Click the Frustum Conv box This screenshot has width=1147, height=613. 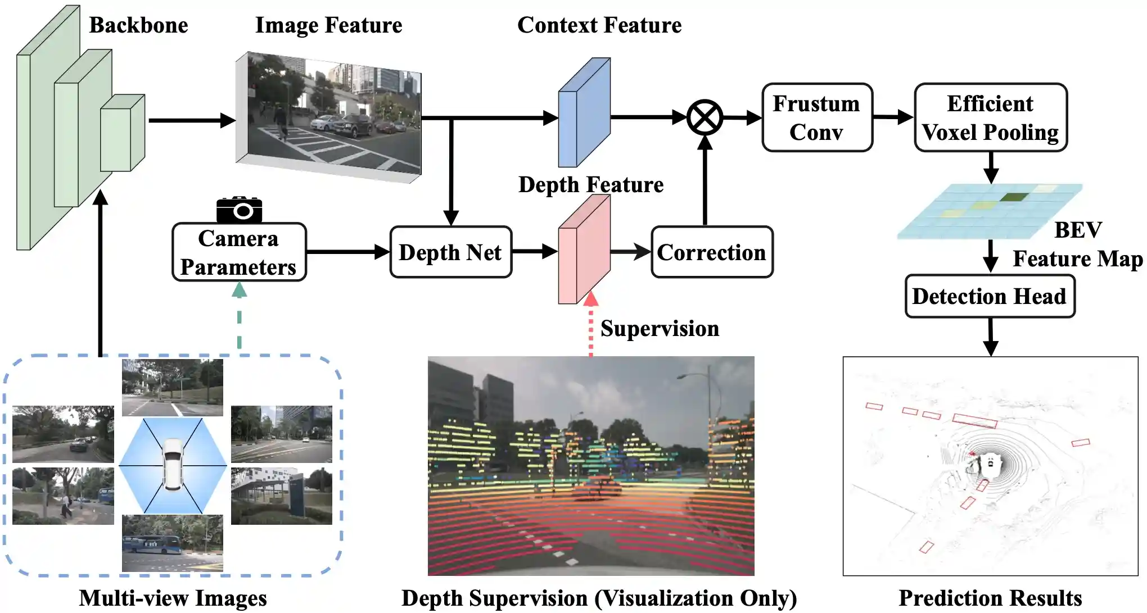[x=817, y=117]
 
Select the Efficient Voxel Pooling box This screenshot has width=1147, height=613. [x=990, y=117]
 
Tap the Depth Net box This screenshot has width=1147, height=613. [x=450, y=252]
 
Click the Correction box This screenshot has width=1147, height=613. [x=712, y=252]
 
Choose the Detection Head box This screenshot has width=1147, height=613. [x=990, y=296]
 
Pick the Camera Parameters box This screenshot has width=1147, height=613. [x=239, y=252]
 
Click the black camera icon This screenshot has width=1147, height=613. [x=240, y=210]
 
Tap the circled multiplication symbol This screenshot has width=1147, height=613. [x=705, y=117]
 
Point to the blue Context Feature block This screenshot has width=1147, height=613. [x=584, y=112]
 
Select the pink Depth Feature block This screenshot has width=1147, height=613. [x=584, y=250]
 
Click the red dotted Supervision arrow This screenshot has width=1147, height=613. [x=590, y=329]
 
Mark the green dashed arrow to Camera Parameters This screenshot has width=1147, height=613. [x=240, y=317]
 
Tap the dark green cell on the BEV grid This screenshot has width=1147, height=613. [x=1014, y=197]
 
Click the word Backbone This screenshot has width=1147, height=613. [x=138, y=25]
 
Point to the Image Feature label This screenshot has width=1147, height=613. [x=328, y=25]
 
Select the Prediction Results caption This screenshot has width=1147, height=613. [x=990, y=598]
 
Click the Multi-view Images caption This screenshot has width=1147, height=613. [x=173, y=598]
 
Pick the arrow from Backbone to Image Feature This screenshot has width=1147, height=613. [x=191, y=120]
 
